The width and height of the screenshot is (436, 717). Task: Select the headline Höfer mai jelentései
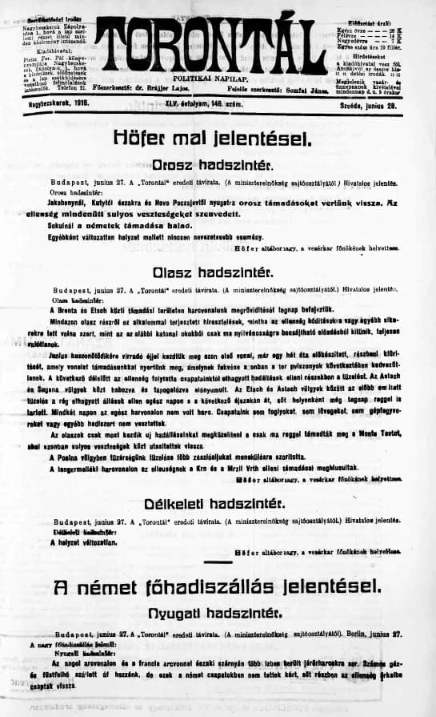[x=218, y=139]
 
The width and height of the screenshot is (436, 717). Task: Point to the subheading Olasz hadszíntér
[x=218, y=272]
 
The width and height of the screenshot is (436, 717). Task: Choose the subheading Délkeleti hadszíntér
[x=218, y=504]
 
